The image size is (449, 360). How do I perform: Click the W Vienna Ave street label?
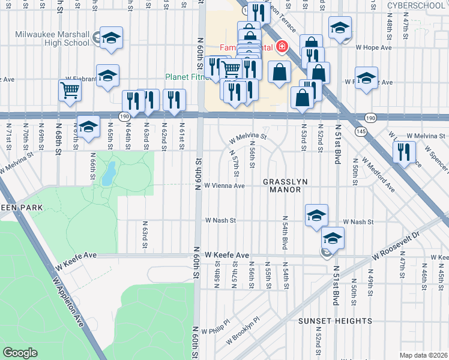point(224,186)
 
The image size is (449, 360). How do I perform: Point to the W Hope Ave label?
point(373,47)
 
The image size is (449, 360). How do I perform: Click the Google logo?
point(20,353)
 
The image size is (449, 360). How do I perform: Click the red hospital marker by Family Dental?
point(281,47)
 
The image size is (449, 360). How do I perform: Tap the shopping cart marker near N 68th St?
point(70,91)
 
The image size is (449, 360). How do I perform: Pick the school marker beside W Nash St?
point(316,215)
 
